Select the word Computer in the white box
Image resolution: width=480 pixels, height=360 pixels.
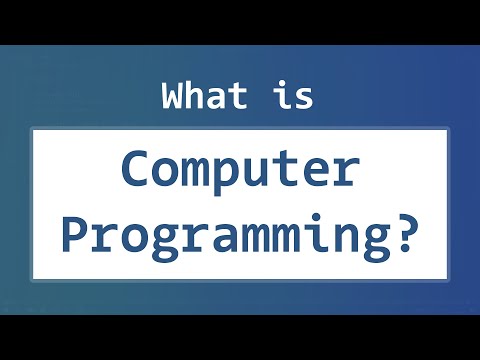click(239, 171)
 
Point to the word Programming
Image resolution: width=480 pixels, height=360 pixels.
click(225, 236)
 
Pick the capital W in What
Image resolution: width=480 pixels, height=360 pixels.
click(172, 97)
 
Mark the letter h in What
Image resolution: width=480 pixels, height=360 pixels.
click(195, 97)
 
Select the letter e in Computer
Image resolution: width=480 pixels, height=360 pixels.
click(315, 173)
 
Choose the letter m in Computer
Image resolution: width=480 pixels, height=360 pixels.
click(194, 173)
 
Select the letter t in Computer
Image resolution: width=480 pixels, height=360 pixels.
click(284, 171)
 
